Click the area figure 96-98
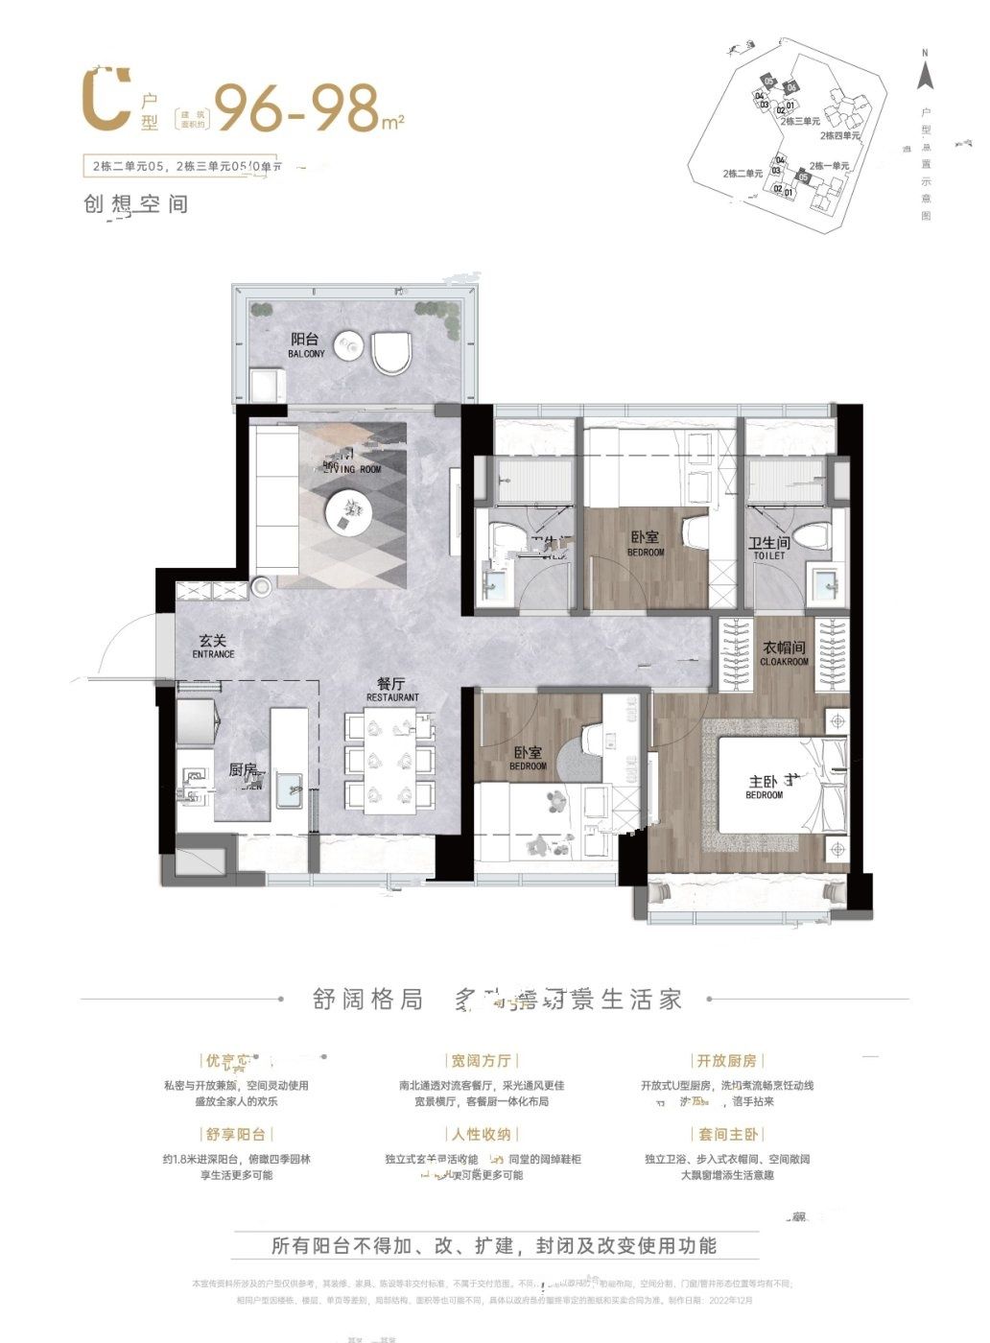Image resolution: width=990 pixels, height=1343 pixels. click(297, 107)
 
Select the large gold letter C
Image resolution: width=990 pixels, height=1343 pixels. click(106, 98)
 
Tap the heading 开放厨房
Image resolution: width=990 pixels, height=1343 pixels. click(726, 1060)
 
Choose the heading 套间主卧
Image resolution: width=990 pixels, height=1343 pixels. click(726, 1134)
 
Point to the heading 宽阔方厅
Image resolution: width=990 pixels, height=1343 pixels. click(482, 1060)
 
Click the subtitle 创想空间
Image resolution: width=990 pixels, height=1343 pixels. click(136, 204)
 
